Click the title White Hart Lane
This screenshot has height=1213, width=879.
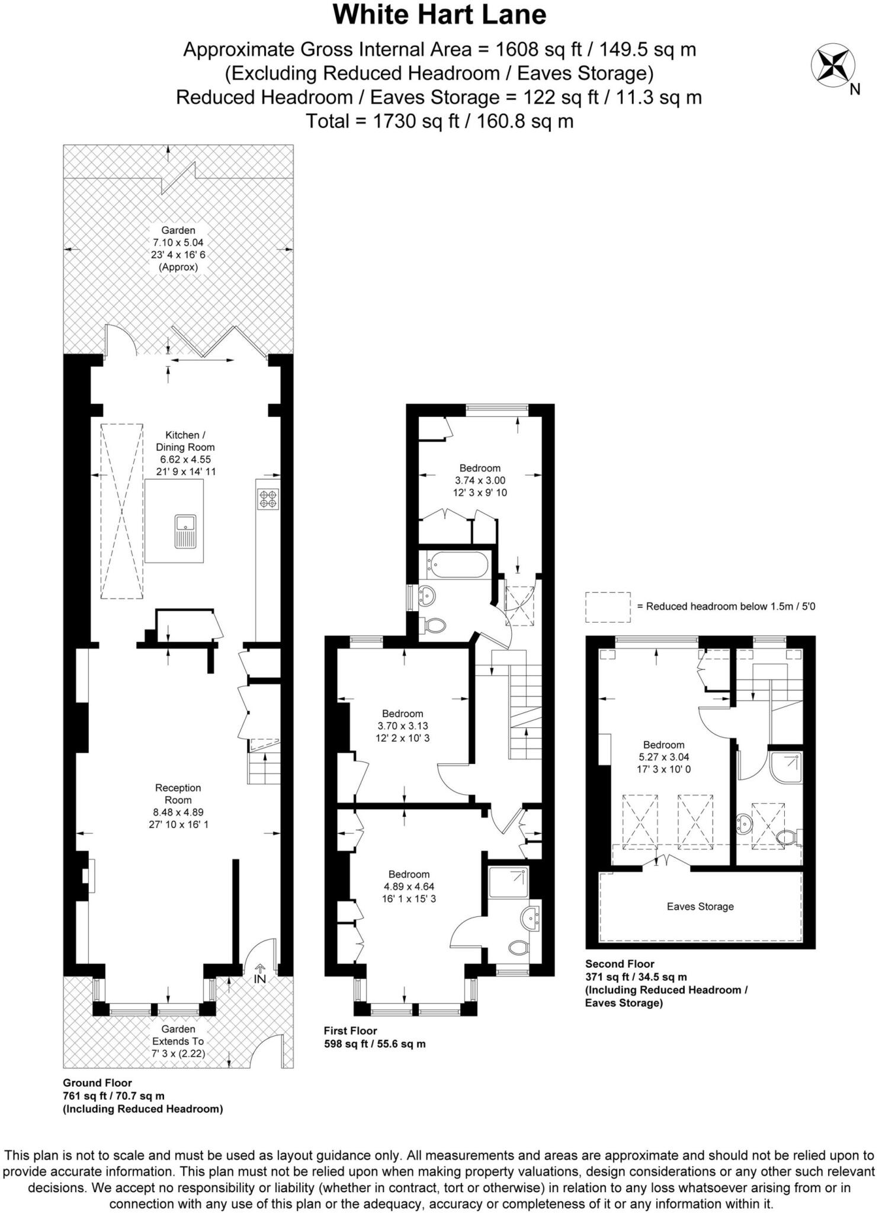(x=439, y=15)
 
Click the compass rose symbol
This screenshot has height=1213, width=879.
(x=832, y=65)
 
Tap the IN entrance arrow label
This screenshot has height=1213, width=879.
(x=260, y=978)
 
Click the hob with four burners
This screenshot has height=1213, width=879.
(x=268, y=499)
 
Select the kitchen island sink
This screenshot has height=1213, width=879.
(x=185, y=531)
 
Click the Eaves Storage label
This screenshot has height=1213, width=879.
(x=700, y=906)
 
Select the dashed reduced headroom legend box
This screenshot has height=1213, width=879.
(x=608, y=607)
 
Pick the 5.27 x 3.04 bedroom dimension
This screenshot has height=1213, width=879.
(x=663, y=757)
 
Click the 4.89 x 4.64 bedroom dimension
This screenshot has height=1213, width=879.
(x=409, y=887)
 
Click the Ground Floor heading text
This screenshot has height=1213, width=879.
(x=97, y=1083)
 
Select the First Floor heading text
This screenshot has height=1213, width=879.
(x=350, y=1031)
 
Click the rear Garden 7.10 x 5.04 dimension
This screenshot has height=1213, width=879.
(x=178, y=242)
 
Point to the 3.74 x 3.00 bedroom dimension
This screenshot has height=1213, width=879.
(x=480, y=480)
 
